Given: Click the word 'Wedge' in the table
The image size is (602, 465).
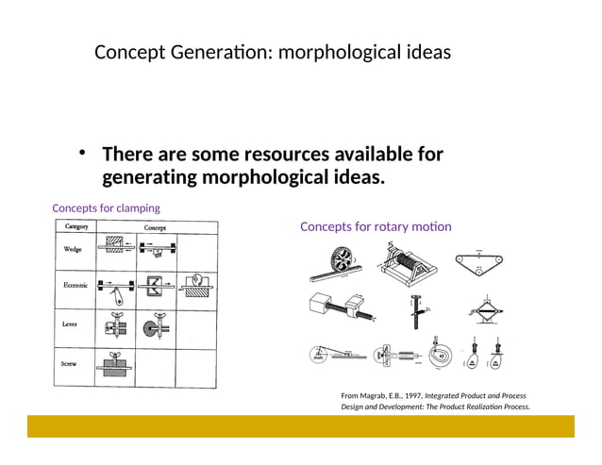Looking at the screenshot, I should coord(72,250).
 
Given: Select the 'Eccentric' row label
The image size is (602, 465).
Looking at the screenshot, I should coord(75,285).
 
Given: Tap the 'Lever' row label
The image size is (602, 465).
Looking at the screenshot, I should coord(72,324).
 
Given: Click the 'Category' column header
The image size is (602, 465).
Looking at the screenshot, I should coord(75,227).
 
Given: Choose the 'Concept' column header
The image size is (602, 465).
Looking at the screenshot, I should coord(156,227).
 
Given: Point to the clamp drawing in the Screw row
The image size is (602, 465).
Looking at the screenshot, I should coord(114,367).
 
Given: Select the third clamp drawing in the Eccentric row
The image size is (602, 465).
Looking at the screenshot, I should coord(196,286).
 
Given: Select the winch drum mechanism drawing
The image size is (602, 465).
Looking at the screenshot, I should coord(408,261).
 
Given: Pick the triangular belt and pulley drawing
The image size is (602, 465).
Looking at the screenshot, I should coord(478,259).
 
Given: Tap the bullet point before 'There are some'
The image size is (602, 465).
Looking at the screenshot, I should coord(83,154).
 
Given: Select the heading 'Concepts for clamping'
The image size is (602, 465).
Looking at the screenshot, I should coord(106,208).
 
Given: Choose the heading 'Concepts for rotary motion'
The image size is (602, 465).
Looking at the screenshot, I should coord(376,226).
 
